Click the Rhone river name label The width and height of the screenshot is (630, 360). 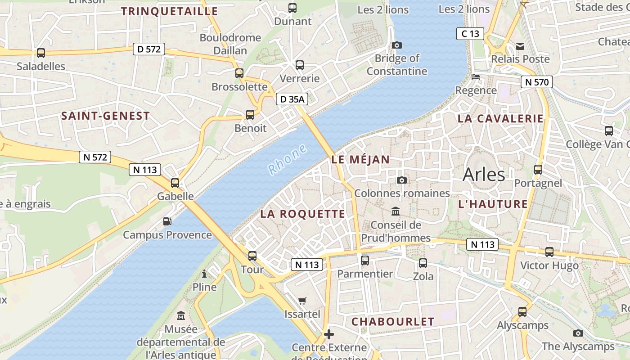[x=288, y=159]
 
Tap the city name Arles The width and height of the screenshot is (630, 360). [x=484, y=174]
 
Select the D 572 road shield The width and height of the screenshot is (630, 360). [x=149, y=49]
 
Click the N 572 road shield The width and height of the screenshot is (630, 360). [x=94, y=157]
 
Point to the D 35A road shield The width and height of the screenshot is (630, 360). [x=292, y=99]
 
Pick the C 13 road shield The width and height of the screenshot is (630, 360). [x=470, y=34]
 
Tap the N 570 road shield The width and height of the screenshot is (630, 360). [x=536, y=82]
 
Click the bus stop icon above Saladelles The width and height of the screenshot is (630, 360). [x=41, y=53]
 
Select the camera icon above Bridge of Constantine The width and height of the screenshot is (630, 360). [x=396, y=45]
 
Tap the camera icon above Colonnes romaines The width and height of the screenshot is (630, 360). [x=402, y=180]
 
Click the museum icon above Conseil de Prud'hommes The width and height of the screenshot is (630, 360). [x=396, y=211]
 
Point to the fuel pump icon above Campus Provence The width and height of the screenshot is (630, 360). [x=167, y=221]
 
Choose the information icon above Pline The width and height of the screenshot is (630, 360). [x=204, y=274]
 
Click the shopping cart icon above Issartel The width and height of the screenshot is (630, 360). [x=302, y=301]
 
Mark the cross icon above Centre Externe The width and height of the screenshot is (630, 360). [x=329, y=334]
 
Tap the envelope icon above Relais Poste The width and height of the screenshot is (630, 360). [x=520, y=46]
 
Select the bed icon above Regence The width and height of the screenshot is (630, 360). [x=475, y=77]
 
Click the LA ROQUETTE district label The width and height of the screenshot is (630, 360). [x=302, y=214]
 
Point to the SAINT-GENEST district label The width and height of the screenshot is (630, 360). [x=105, y=116]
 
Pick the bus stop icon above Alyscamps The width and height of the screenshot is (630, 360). [x=522, y=311]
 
